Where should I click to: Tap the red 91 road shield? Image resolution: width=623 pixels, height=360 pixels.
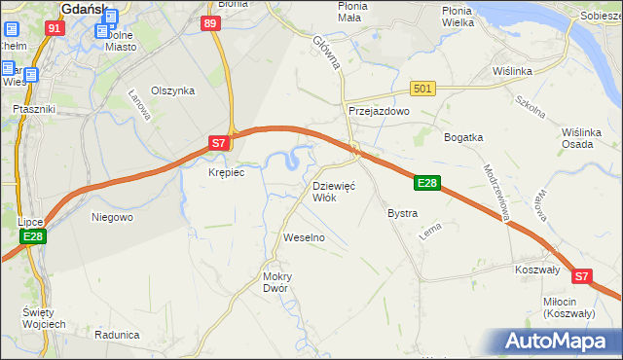(x=55, y=28)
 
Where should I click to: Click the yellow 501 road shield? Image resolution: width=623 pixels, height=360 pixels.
(x=421, y=89)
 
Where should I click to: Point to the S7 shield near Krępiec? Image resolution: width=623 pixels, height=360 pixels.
(x=220, y=144)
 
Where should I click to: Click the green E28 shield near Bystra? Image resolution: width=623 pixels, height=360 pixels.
(x=427, y=182)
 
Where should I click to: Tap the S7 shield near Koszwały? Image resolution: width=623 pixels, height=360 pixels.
(x=581, y=276)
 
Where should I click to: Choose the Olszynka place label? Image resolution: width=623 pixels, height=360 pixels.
(x=173, y=90)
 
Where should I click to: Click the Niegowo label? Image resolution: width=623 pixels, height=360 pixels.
(x=112, y=217)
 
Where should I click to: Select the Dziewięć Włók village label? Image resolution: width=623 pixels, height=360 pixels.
(x=334, y=191)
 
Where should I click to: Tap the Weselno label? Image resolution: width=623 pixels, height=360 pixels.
(x=303, y=237)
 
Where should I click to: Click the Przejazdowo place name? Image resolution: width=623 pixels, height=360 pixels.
(x=380, y=111)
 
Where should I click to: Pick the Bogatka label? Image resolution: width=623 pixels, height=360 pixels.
(x=464, y=137)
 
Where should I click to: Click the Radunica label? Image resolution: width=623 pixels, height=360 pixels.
(x=118, y=334)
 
